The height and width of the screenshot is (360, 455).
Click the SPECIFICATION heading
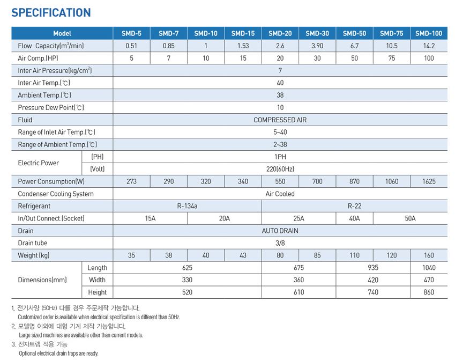51,13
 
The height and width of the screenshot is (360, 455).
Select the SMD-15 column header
243,33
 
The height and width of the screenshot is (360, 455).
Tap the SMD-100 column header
429,33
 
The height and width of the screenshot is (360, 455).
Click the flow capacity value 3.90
317,46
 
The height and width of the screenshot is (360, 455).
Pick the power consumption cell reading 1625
429,181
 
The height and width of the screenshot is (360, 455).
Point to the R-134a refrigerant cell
187,206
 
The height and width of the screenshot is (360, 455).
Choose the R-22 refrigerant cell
354,206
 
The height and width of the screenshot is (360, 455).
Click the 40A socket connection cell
354,218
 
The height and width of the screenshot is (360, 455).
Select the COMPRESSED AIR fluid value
280,120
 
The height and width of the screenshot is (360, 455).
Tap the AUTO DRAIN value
280,231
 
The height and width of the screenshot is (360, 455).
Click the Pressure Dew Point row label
51,107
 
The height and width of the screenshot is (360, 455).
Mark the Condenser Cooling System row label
56,194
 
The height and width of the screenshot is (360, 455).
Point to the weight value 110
354,255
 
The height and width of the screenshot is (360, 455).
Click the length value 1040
429,268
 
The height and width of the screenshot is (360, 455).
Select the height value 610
299,292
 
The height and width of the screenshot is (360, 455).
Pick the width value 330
187,280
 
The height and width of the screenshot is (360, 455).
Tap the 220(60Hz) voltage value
280,169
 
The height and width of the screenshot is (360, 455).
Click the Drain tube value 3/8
280,243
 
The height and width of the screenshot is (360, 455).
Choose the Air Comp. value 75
392,58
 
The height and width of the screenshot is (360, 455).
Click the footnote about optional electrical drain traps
58,353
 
